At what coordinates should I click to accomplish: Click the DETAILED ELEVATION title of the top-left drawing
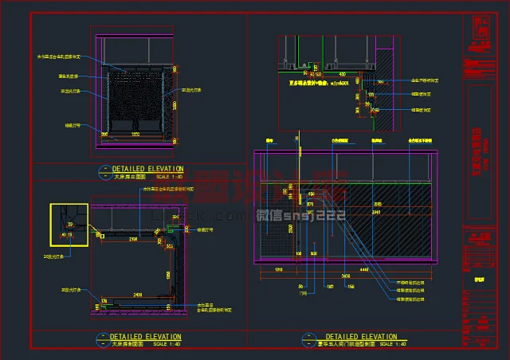tap(147, 169)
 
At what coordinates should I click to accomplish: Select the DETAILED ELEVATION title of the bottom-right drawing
tap(361, 337)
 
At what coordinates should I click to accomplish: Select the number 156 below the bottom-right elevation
tap(350, 287)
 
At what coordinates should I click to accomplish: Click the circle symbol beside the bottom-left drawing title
tap(100, 341)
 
